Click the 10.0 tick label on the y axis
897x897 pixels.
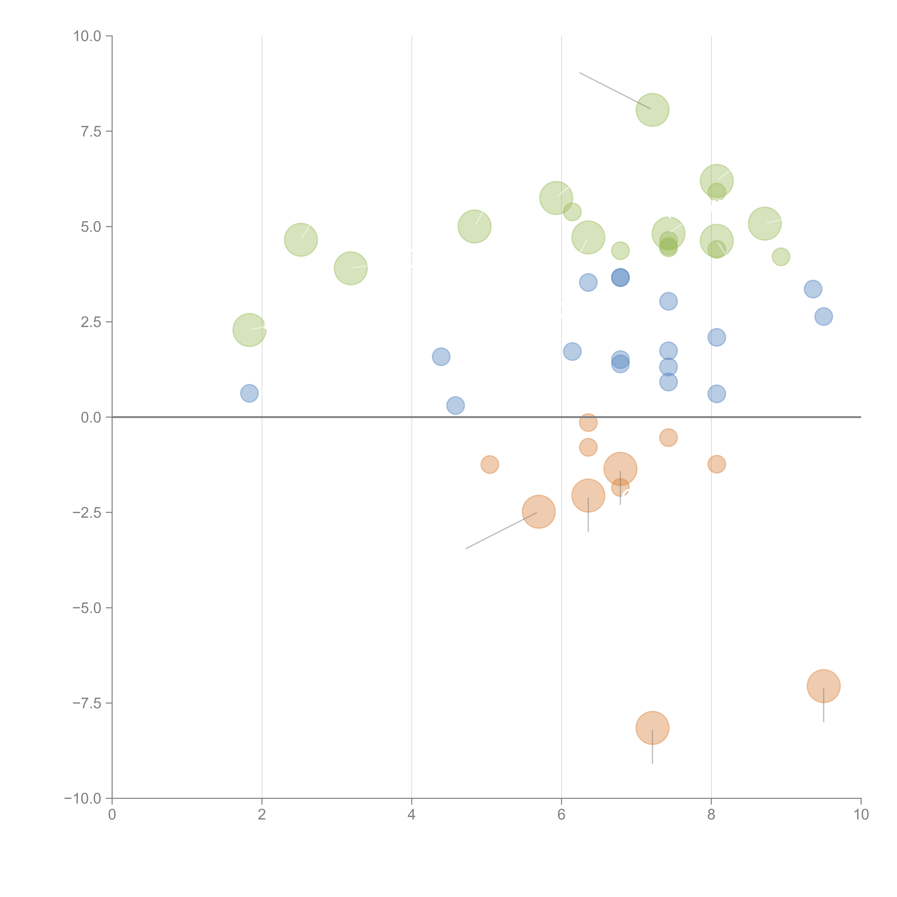coord(87,36)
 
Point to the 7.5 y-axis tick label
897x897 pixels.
coord(91,131)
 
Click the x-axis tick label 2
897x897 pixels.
coord(262,815)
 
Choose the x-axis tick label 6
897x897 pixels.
coord(561,815)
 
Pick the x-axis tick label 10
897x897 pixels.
coord(861,815)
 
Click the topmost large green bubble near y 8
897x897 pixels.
coord(652,110)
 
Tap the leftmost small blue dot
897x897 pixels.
coord(249,393)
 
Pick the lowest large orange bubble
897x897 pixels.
coord(652,728)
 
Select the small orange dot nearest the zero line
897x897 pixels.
coord(588,422)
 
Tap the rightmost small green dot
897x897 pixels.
coord(781,257)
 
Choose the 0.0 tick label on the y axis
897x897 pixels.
coord(91,417)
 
